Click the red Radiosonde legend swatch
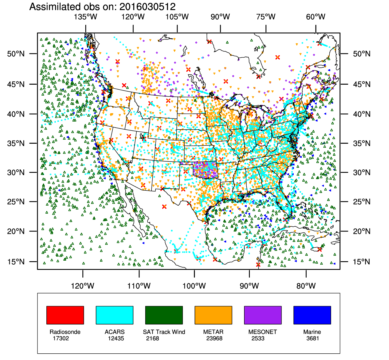(65, 315)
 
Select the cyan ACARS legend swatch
(114, 315)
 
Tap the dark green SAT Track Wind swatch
(164, 315)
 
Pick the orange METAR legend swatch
(213, 315)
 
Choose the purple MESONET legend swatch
(263, 315)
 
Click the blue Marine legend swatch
(312, 315)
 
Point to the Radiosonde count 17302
(61, 338)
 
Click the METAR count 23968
(214, 338)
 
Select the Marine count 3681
(313, 338)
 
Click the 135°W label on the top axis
(86, 17)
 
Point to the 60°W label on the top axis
(316, 17)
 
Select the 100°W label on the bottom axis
(194, 286)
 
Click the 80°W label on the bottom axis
(306, 286)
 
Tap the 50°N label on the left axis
(16, 54)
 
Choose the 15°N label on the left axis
(16, 262)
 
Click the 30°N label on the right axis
(362, 173)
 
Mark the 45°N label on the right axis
(362, 84)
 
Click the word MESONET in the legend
(263, 332)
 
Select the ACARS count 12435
(116, 338)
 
